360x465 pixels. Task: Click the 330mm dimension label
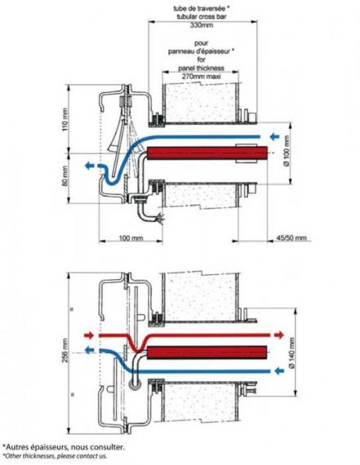(x=201, y=25)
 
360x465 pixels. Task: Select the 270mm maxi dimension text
(x=201, y=76)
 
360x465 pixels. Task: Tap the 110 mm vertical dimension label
(x=65, y=121)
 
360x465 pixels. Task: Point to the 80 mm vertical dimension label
(x=65, y=176)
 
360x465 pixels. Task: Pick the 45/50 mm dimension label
(x=291, y=237)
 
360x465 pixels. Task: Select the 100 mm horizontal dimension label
(x=131, y=238)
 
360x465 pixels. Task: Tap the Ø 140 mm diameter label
(x=291, y=352)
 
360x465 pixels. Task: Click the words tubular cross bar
(x=201, y=16)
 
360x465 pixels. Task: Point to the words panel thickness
(x=201, y=68)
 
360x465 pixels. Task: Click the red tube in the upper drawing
(x=207, y=153)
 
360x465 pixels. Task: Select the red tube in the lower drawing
(x=207, y=352)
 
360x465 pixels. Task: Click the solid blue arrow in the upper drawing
(x=275, y=137)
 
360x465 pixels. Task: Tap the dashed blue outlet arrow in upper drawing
(x=91, y=166)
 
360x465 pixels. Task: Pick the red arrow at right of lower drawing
(x=279, y=335)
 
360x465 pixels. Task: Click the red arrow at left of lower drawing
(x=89, y=335)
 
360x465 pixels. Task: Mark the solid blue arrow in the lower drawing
(x=279, y=370)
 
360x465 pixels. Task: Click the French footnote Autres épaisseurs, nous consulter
(x=64, y=446)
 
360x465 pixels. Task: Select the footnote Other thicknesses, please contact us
(x=56, y=456)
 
